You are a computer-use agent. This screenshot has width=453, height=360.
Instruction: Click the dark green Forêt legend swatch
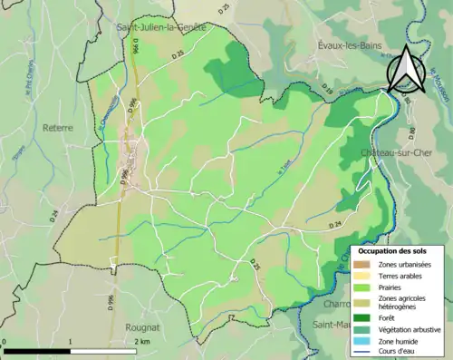click(x=366, y=317)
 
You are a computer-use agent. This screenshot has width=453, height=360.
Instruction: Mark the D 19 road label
click(x=328, y=91)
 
